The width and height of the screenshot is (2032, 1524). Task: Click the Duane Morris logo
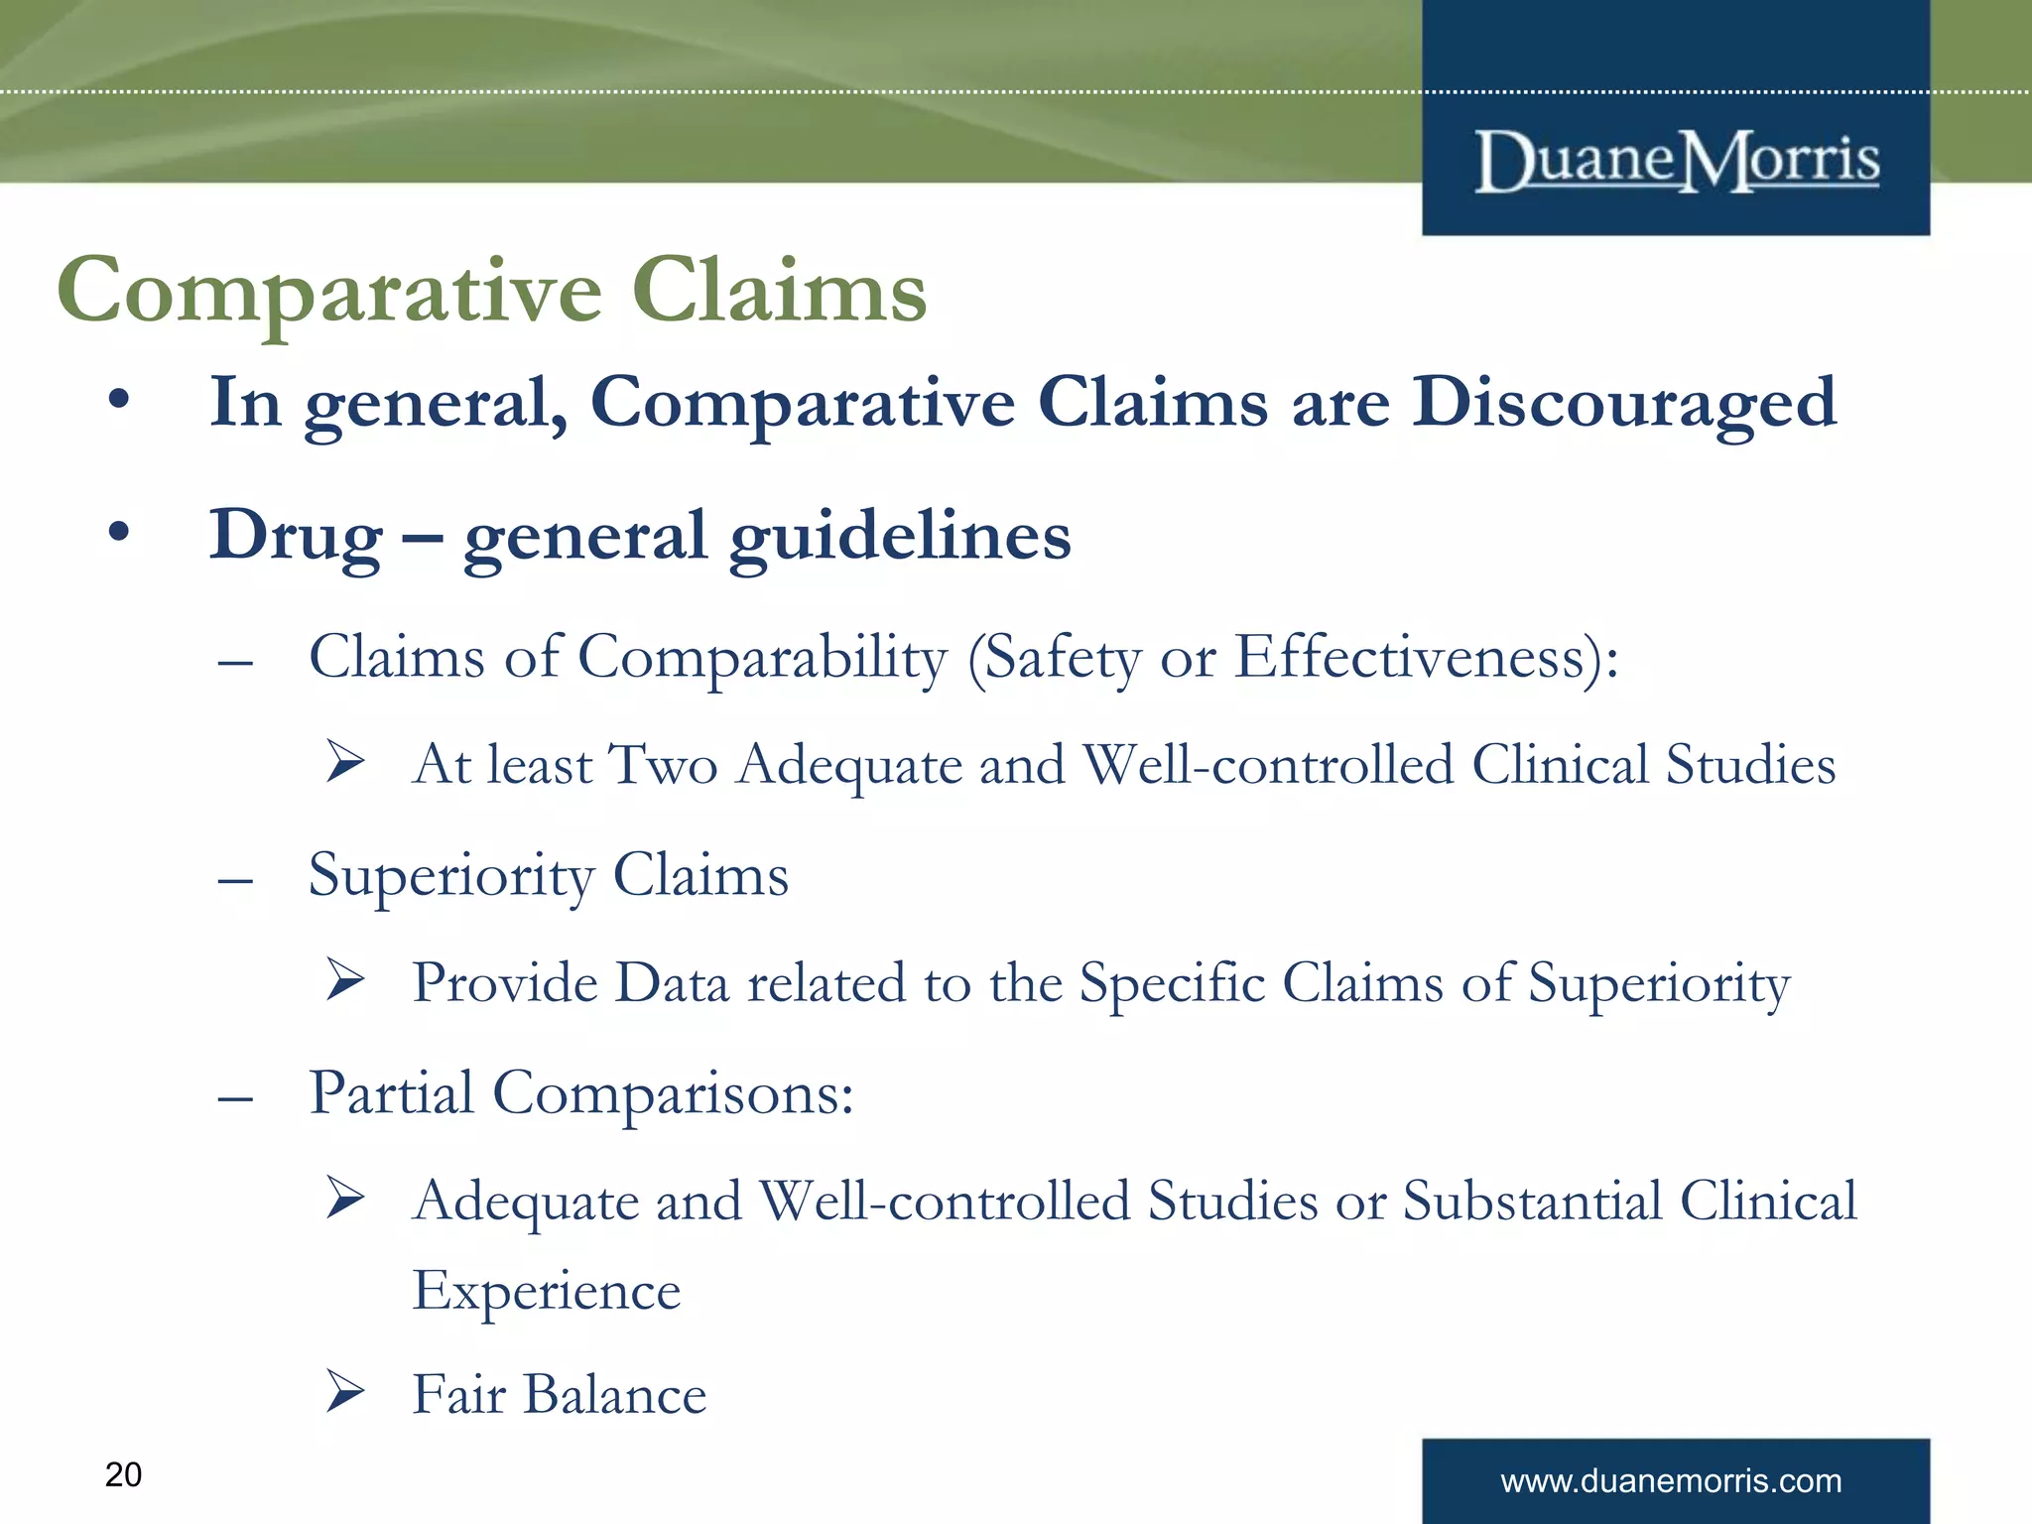click(1677, 161)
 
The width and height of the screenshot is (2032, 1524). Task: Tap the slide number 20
click(123, 1474)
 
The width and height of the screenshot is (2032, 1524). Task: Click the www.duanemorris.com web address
click(1671, 1481)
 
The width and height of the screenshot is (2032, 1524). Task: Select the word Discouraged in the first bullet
click(1624, 405)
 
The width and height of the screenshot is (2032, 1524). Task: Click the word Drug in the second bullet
click(295, 537)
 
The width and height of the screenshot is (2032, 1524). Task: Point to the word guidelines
click(900, 537)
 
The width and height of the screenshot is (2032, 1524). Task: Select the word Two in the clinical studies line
click(664, 765)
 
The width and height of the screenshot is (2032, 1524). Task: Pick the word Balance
click(615, 1394)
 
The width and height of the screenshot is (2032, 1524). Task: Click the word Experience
click(547, 1291)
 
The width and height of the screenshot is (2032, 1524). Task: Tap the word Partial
click(391, 1093)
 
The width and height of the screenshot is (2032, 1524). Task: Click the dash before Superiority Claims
click(235, 879)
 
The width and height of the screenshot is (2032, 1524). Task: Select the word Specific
click(1172, 984)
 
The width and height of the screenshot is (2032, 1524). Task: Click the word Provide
click(503, 983)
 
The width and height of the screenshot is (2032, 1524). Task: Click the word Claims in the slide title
click(779, 291)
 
